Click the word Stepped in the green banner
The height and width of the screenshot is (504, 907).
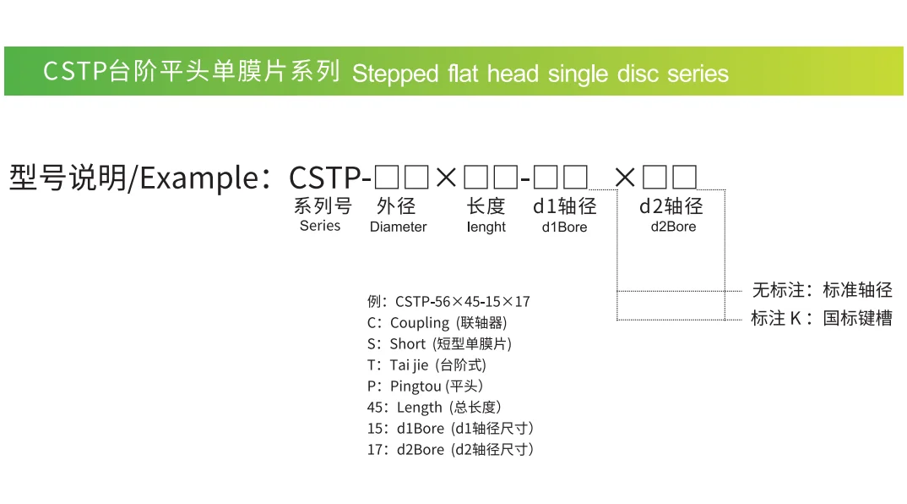389,74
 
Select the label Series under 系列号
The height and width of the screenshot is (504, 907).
320,226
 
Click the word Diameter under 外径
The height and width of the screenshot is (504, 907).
398,227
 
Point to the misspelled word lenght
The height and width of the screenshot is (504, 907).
486,227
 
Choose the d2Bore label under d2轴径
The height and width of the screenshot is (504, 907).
673,227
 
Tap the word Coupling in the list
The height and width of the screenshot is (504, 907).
420,322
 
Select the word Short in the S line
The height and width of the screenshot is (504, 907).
407,343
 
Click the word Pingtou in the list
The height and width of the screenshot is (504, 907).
415,386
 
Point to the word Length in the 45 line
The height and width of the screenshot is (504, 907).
419,407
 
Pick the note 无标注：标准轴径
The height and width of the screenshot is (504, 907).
822,290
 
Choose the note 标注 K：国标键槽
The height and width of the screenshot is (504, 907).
821,319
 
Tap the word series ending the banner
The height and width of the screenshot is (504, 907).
698,74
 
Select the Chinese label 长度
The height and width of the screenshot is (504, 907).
486,206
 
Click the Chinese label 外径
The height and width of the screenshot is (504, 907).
397,206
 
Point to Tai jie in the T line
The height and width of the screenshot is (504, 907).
409,364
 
